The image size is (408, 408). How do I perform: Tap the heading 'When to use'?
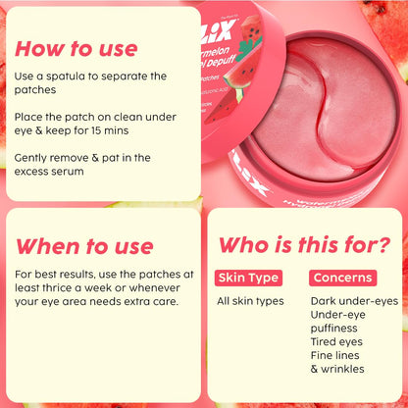tap(85, 245)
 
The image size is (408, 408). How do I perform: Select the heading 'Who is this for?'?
tap(303, 244)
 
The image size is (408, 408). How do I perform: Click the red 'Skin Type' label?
tap(247, 278)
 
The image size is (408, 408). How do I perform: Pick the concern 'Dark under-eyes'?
tap(353, 301)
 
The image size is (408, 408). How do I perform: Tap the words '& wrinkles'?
tap(337, 369)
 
